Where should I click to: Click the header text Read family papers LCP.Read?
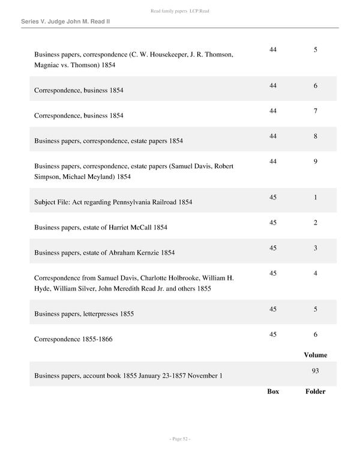tap(179, 11)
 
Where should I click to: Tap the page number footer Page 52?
tap(179, 439)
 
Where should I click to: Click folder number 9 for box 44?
tap(315, 162)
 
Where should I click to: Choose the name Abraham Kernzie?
tap(134, 253)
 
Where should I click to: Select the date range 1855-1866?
tap(97, 339)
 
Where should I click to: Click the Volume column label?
tap(315, 355)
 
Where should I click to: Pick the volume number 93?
tap(315, 371)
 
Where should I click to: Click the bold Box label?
tap(273, 392)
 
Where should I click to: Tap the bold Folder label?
tap(315, 392)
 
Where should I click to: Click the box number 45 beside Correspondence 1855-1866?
tap(273, 334)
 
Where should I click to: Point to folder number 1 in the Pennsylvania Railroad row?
tap(315, 198)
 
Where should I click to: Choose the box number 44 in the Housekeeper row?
tap(273, 50)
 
